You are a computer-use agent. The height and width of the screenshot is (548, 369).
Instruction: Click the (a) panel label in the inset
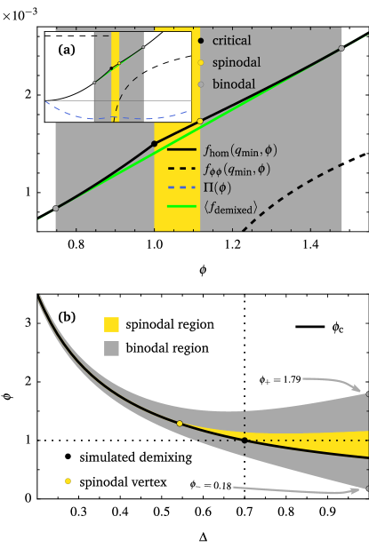click(x=67, y=52)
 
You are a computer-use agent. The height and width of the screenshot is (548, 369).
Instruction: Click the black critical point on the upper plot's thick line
click(x=155, y=143)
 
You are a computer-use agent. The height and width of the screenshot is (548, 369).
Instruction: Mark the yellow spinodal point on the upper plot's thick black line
click(x=200, y=121)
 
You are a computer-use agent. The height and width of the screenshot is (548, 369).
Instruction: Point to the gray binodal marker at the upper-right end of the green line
click(x=341, y=49)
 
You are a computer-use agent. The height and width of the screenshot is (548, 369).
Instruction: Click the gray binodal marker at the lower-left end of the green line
click(x=56, y=208)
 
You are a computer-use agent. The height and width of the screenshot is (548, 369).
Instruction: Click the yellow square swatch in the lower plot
click(x=111, y=324)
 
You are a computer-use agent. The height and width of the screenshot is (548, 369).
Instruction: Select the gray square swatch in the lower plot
click(x=111, y=349)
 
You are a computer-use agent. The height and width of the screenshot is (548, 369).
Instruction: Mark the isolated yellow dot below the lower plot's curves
click(x=68, y=480)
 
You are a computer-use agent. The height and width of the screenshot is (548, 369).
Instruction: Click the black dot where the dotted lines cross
click(x=245, y=440)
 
